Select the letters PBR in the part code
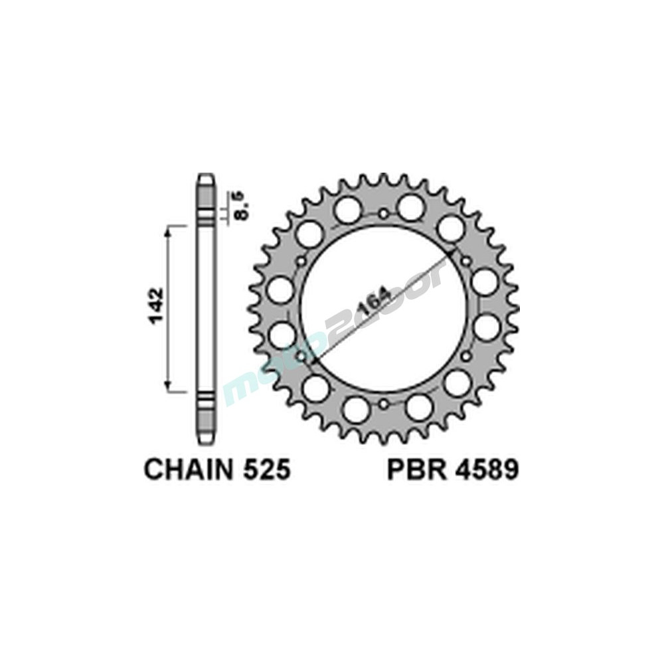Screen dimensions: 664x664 412,469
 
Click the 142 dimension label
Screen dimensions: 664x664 155,307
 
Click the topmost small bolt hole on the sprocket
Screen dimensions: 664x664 384,214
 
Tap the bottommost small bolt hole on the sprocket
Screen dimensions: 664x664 383,404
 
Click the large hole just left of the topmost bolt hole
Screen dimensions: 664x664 346,210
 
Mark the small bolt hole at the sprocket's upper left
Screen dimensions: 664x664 301,261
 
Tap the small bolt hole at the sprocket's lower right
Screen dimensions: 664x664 466,357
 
